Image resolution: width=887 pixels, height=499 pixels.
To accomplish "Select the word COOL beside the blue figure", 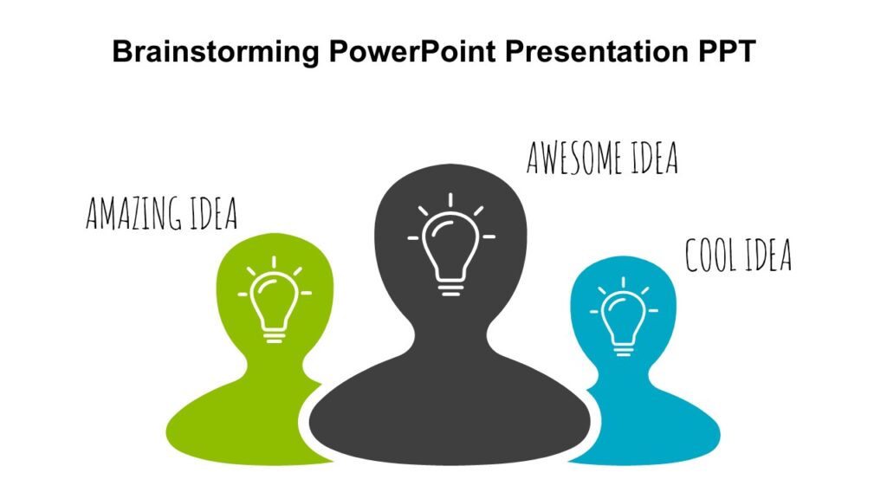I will click(712, 255).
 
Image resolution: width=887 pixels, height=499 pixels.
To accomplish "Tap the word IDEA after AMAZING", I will click(212, 214).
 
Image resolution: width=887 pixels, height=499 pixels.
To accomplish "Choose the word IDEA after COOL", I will click(767, 255).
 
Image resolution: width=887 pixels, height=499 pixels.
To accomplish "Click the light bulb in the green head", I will click(274, 303).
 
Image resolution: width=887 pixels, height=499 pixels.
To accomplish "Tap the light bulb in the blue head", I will click(623, 321).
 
